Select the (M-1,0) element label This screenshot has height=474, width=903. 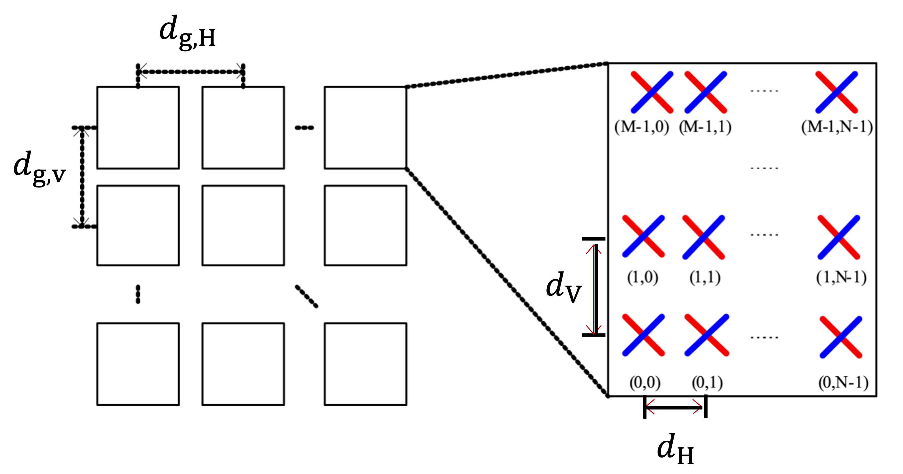tap(641, 127)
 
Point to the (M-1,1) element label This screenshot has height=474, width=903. tap(705, 127)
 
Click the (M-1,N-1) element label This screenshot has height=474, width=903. tap(837, 127)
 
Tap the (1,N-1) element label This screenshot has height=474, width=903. tap(841, 277)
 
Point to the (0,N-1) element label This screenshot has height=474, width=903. tap(843, 382)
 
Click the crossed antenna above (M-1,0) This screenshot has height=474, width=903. tap(652, 92)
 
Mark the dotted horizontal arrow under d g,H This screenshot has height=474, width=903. tap(191, 72)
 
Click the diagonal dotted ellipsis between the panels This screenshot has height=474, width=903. tap(306, 296)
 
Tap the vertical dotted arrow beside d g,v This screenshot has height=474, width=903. tap(82, 177)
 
